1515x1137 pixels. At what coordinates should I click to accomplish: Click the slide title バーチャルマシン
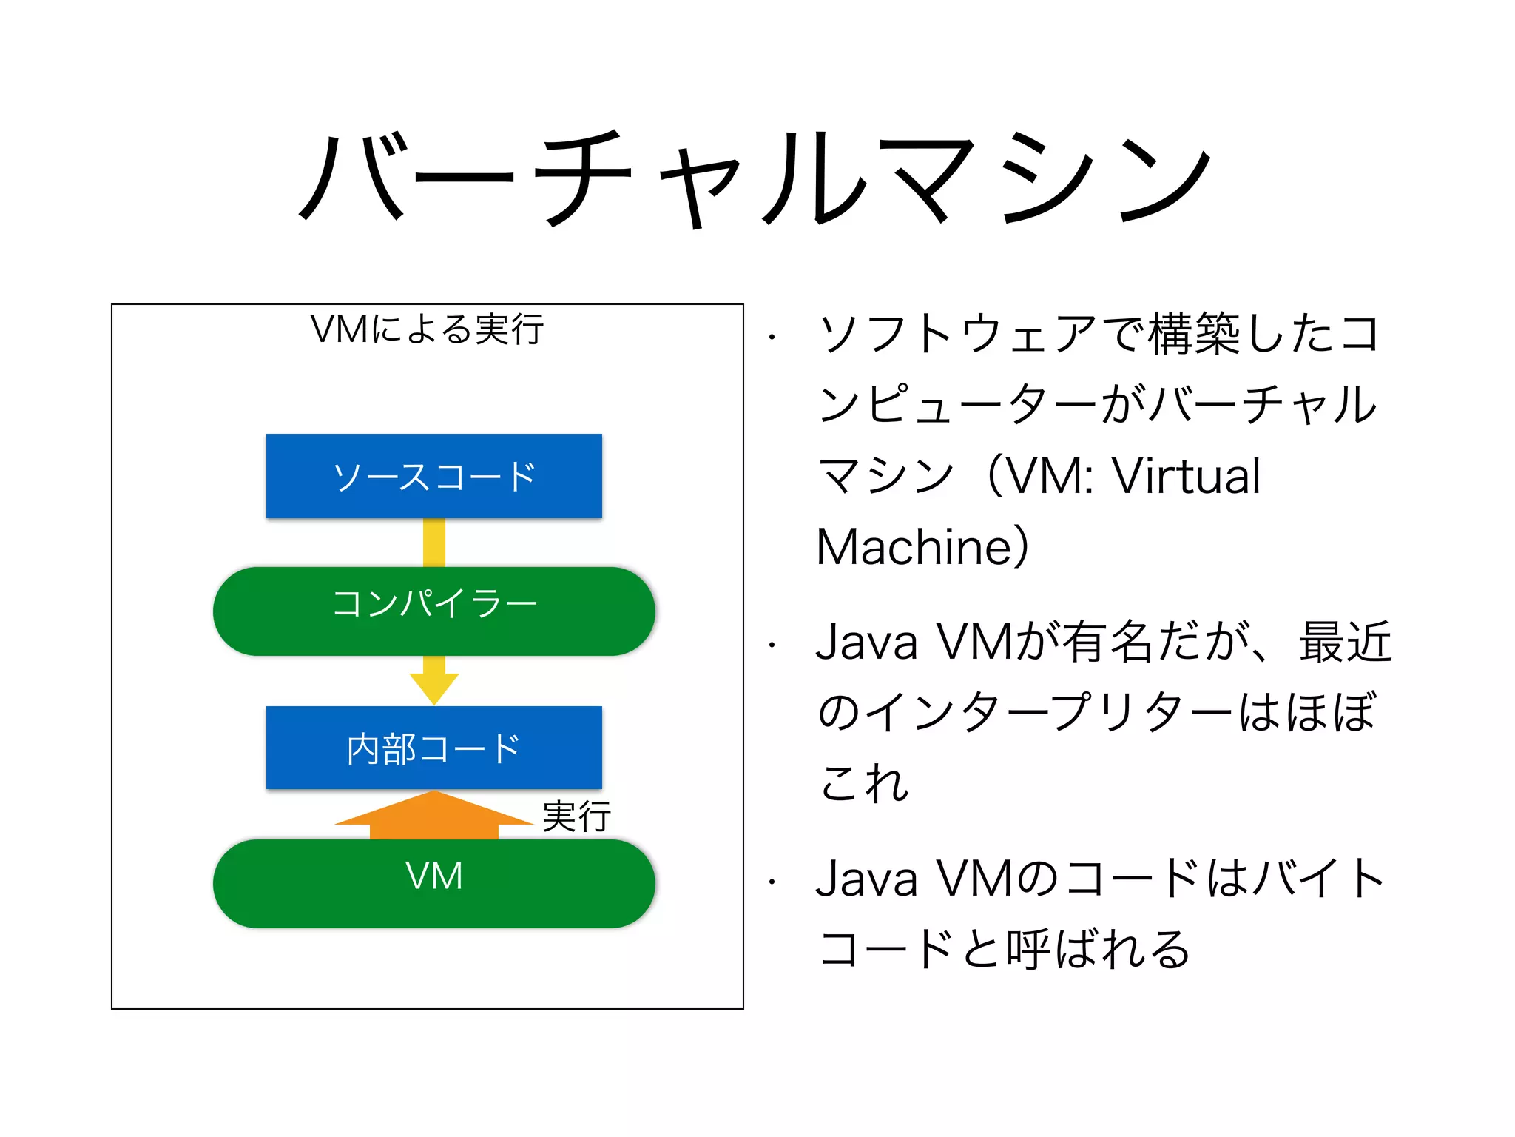(755, 178)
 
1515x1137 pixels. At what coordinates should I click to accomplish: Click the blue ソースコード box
(433, 476)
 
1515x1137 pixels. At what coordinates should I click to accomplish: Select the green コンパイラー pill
(433, 611)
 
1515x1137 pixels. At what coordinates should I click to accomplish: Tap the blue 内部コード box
(433, 748)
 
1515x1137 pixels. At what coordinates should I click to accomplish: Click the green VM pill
(433, 882)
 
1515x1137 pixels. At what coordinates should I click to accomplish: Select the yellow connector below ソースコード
(434, 542)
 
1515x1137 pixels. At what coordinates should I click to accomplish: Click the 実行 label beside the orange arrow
(576, 816)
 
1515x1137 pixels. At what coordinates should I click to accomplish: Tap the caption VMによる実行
(427, 329)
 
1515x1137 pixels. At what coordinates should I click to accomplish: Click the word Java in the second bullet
(866, 642)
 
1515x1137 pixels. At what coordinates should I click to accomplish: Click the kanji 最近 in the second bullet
(1345, 642)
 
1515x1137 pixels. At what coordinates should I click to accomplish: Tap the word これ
(864, 782)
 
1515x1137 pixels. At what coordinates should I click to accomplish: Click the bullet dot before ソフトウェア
(772, 338)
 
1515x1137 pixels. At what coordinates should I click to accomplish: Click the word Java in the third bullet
(866, 879)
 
